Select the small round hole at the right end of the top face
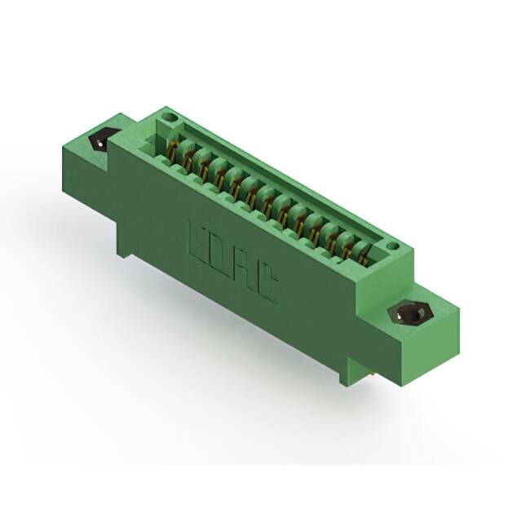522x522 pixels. [x=392, y=245]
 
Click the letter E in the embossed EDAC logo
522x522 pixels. [x=199, y=237]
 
